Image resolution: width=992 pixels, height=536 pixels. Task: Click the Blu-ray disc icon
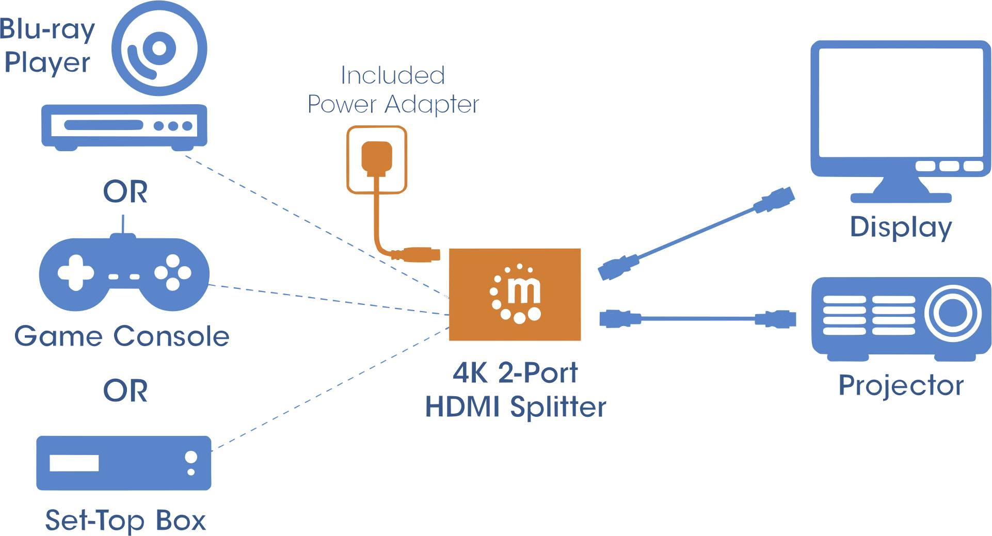point(159,49)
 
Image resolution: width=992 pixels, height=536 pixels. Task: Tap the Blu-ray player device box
point(124,126)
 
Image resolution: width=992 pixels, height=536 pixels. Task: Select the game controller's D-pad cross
point(76,272)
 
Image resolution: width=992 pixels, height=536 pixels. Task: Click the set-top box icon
point(124,463)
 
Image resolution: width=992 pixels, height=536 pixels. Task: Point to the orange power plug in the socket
point(377,157)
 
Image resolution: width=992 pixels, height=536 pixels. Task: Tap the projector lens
point(952,313)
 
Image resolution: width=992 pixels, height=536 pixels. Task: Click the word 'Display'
point(901,228)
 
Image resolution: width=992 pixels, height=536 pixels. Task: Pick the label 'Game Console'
point(122,336)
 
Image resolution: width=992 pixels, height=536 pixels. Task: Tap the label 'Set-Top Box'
point(125,520)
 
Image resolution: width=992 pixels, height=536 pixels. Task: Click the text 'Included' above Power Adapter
point(392,75)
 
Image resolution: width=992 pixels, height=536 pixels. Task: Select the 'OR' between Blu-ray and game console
point(125,192)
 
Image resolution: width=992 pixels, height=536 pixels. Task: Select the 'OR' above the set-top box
point(125,391)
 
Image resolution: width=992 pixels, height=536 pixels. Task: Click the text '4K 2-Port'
point(515,372)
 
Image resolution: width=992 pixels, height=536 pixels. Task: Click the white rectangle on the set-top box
point(74,463)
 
